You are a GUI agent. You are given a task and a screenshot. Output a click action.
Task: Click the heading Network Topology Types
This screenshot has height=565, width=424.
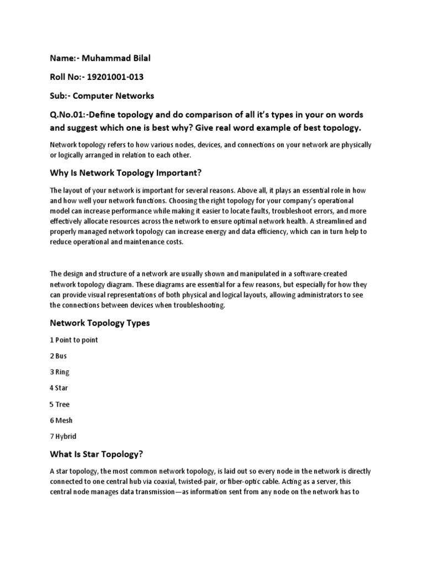click(99, 323)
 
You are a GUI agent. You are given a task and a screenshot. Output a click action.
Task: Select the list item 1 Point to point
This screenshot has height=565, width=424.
click(73, 340)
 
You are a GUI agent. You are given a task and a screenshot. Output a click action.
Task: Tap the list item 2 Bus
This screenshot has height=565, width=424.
click(58, 356)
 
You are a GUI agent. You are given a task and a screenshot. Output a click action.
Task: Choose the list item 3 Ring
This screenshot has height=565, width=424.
click(60, 372)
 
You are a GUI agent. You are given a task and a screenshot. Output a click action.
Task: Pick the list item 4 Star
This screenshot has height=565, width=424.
click(59, 388)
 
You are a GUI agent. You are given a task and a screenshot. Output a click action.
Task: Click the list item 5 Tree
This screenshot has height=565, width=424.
click(60, 404)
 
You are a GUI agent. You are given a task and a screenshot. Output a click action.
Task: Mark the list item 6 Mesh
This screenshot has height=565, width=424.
click(61, 420)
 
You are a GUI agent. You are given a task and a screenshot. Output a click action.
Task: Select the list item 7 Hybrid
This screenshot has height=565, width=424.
click(63, 436)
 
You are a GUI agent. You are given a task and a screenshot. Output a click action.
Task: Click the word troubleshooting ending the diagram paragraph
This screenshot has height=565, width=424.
click(196, 305)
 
